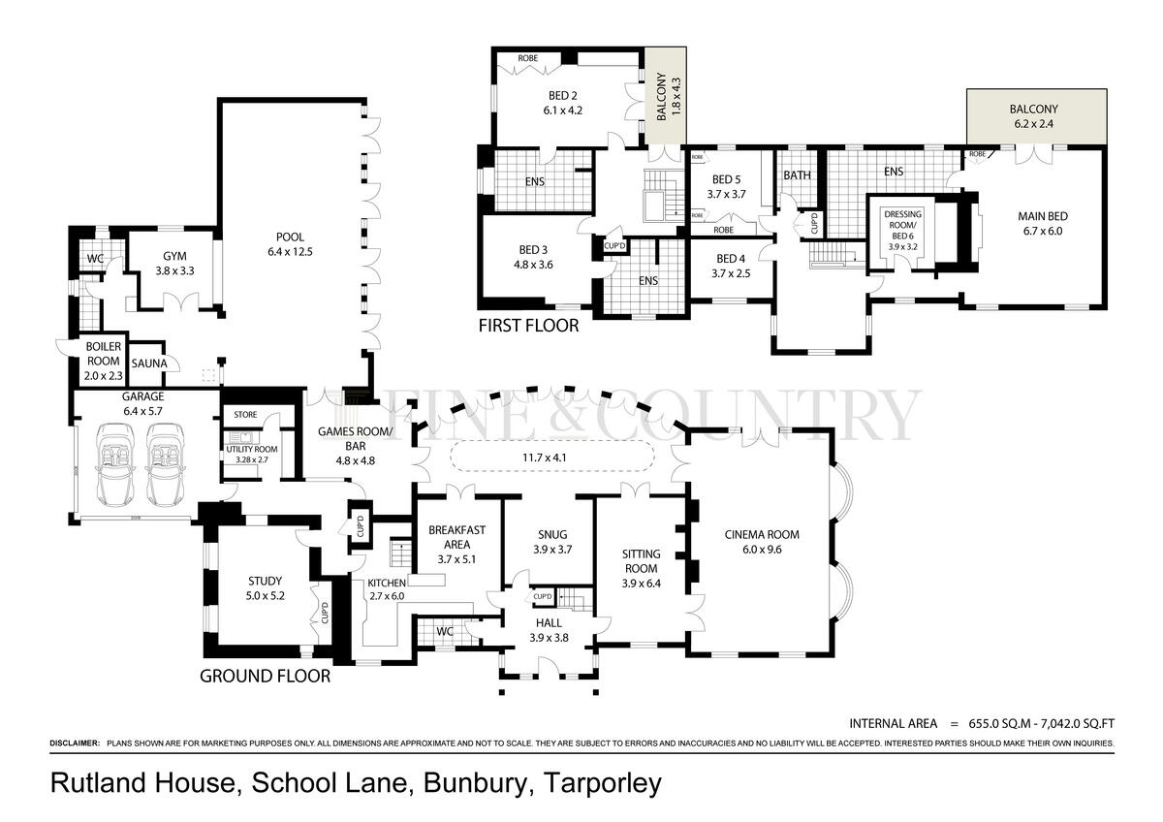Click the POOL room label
290,237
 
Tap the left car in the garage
115,464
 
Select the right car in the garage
166,464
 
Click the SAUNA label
149,364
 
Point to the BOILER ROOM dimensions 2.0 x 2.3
104,376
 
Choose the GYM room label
174,257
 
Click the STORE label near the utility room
245,414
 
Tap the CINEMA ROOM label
762,535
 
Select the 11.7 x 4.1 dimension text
544,458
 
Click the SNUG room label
552,535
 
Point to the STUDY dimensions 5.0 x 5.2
266,595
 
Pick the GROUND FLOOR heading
265,676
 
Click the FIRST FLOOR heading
528,326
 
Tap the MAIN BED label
1043,216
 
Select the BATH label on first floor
797,175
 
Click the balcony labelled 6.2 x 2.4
1036,116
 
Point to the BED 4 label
731,259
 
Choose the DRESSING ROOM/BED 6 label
903,225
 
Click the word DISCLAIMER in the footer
75,743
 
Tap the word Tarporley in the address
603,783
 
